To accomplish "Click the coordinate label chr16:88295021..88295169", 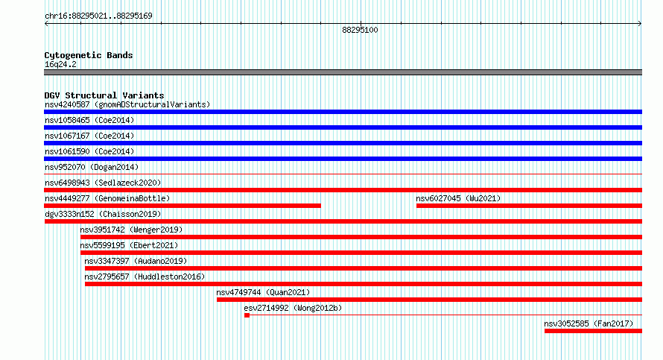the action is click(98, 16).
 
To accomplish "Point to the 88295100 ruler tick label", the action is click(360, 30).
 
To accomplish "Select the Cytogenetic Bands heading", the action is click(89, 55).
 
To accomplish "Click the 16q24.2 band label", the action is click(60, 64).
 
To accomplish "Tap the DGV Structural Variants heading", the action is click(104, 95).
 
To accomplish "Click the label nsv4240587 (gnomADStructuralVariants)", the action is click(127, 104).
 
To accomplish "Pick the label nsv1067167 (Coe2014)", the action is click(89, 136).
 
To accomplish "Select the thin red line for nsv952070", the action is click(343, 174).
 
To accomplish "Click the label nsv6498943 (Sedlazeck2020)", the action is click(103, 183).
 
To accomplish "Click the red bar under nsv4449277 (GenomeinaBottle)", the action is click(183, 206).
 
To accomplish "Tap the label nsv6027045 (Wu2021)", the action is click(458, 198).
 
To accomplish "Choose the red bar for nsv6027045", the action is click(529, 206).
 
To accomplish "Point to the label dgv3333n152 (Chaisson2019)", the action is click(103, 214).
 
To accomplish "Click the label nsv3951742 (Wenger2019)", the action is click(131, 230).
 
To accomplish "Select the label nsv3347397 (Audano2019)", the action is click(136, 261).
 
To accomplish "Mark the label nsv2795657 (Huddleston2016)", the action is click(145, 277).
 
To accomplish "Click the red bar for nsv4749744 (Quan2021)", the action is click(429, 300).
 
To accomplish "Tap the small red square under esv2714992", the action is click(247, 315).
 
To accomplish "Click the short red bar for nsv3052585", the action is click(593, 331).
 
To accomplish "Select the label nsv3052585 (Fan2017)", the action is click(589, 323).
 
